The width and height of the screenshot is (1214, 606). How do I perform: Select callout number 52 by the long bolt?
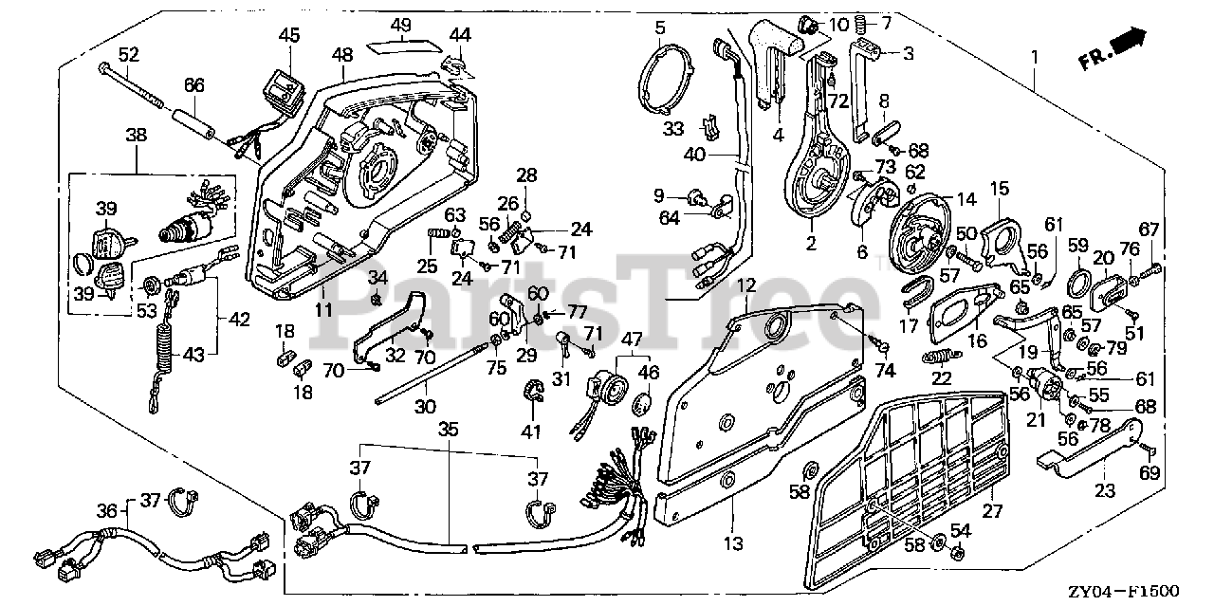click(x=128, y=55)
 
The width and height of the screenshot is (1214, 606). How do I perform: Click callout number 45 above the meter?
click(x=288, y=35)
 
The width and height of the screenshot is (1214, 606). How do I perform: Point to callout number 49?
click(x=401, y=25)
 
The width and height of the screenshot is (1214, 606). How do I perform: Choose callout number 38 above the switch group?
click(x=137, y=136)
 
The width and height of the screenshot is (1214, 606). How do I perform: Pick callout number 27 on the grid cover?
click(x=992, y=513)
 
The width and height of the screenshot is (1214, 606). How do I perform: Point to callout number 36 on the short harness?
click(x=106, y=509)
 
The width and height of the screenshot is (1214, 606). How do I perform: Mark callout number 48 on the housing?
click(x=342, y=55)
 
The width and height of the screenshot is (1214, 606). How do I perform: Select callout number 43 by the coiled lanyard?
click(x=193, y=355)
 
